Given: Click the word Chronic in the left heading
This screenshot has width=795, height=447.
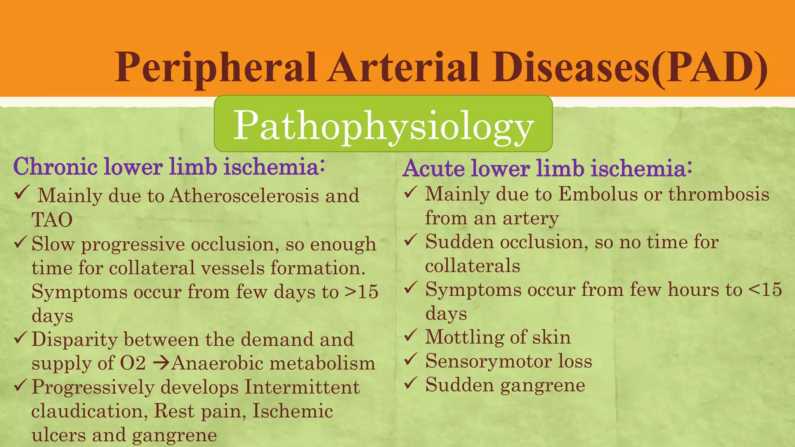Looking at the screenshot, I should [56, 167].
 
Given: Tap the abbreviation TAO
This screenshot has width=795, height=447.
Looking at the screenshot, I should [52, 220].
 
